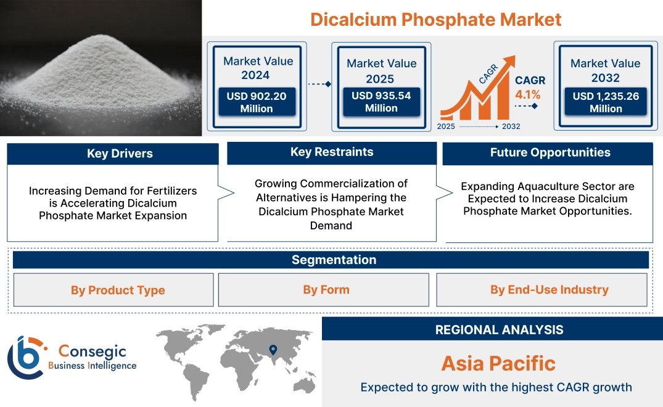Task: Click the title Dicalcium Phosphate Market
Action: (x=435, y=20)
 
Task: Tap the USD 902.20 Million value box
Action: (x=257, y=102)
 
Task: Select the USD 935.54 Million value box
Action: (x=381, y=101)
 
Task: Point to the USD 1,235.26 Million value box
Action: (x=606, y=102)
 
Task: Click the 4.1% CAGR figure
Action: (x=528, y=94)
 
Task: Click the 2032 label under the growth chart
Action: (x=511, y=126)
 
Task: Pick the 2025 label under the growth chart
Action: (x=446, y=126)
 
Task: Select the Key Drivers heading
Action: (x=120, y=154)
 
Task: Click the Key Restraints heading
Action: (x=332, y=152)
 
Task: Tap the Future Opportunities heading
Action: (x=550, y=152)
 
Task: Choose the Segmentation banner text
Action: (x=334, y=260)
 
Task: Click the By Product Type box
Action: (x=113, y=290)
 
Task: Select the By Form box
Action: (x=323, y=289)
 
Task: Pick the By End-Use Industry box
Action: (x=542, y=289)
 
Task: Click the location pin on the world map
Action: (x=273, y=350)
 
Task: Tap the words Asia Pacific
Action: (x=498, y=363)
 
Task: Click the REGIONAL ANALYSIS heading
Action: (x=500, y=330)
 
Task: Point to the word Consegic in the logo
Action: (x=92, y=351)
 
